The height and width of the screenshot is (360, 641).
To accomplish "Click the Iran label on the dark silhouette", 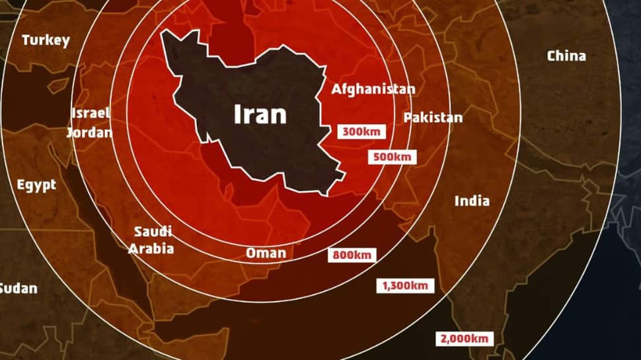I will pyautogui.click(x=260, y=114).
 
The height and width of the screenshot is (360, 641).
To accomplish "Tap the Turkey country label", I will pyautogui.click(x=46, y=40).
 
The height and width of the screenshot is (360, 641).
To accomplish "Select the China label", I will pyautogui.click(x=566, y=56).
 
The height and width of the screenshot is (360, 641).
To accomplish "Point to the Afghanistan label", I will pyautogui.click(x=373, y=89).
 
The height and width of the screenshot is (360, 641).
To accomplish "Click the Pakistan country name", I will pyautogui.click(x=433, y=118).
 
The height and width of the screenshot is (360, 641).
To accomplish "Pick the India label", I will pyautogui.click(x=472, y=201).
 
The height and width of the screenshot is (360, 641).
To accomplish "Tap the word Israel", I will pyautogui.click(x=91, y=113).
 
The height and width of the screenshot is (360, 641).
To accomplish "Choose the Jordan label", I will pyautogui.click(x=89, y=132).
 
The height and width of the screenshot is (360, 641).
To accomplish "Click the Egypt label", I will pyautogui.click(x=36, y=185).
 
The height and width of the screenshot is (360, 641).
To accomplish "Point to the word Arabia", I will pyautogui.click(x=151, y=248).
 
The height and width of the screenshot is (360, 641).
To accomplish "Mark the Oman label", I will pyautogui.click(x=266, y=253).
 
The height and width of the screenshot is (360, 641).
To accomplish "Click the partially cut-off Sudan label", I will pyautogui.click(x=18, y=288).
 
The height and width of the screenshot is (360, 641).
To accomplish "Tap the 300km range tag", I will pyautogui.click(x=361, y=131).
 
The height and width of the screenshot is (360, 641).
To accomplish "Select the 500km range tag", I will pyautogui.click(x=393, y=157).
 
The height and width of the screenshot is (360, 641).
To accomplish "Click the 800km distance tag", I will pyautogui.click(x=352, y=254).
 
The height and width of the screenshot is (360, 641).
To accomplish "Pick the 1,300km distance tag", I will pyautogui.click(x=406, y=285).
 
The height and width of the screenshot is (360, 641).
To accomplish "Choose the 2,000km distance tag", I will pyautogui.click(x=465, y=338).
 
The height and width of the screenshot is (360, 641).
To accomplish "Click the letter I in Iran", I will pyautogui.click(x=238, y=114).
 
